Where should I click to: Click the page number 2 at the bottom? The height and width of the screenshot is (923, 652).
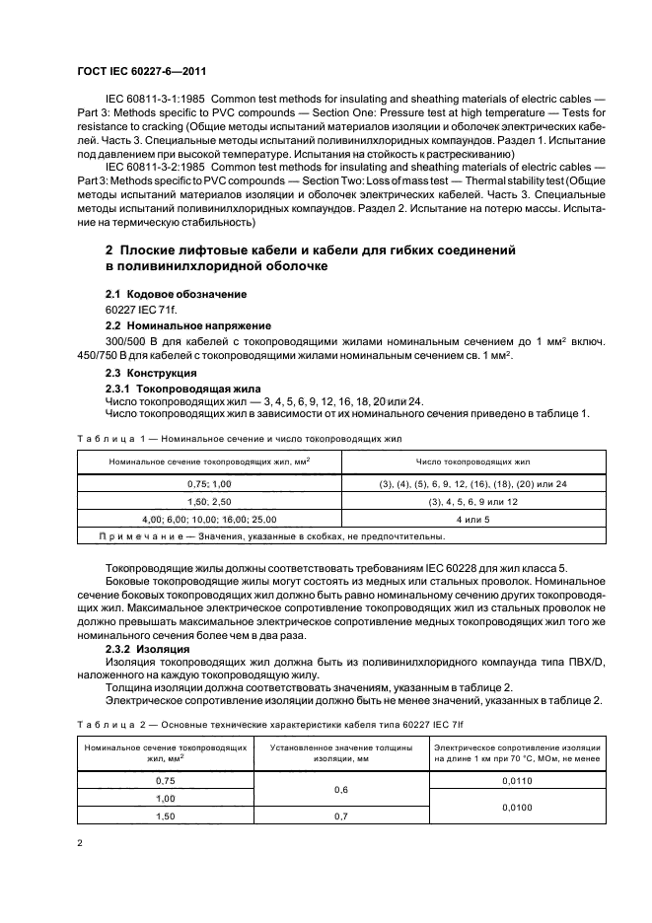tap(80, 843)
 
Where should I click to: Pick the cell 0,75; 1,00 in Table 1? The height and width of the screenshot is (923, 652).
tap(208, 485)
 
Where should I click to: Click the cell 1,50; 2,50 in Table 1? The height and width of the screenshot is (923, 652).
tap(208, 502)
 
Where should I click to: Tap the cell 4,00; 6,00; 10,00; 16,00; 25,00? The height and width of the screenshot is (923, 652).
tap(208, 519)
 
